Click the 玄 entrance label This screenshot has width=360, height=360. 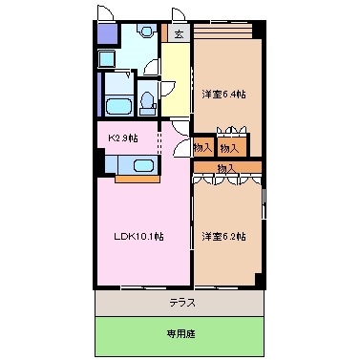pos(179,33)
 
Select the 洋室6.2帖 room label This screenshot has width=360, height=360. pos(224,235)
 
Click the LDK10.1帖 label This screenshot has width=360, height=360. pos(136,236)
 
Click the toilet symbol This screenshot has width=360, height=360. pos(146,102)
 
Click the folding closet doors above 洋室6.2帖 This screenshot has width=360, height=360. pos(227,178)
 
